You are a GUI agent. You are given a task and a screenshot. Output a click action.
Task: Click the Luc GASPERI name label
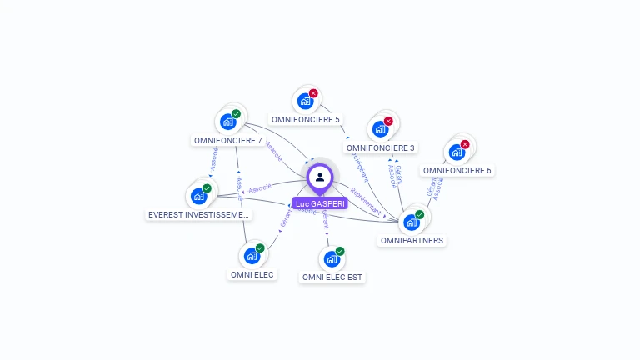point(320,203)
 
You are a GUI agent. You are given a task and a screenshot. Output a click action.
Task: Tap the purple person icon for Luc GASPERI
point(320,177)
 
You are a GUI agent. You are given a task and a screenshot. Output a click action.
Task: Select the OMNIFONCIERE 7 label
point(227,140)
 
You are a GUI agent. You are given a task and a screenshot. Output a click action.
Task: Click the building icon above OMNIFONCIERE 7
point(227,122)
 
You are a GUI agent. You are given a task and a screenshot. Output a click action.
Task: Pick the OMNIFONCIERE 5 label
point(306,119)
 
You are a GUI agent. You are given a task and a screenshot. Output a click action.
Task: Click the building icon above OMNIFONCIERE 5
point(305,102)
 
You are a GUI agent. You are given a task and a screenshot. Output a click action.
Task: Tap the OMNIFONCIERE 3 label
point(380,148)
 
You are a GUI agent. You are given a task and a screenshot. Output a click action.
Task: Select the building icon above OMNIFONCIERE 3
point(380,129)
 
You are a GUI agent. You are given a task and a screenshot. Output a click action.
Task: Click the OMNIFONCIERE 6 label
point(457,171)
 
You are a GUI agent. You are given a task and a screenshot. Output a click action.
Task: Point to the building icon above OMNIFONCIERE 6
point(457,152)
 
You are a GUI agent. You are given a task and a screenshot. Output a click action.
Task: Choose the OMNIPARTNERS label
point(412,241)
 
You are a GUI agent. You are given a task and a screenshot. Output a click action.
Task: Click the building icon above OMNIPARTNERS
point(411,222)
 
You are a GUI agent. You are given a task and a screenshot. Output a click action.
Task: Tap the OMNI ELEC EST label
point(332,277)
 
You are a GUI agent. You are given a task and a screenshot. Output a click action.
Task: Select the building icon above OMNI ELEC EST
point(332,259)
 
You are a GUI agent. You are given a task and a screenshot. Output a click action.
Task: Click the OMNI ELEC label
point(252,274)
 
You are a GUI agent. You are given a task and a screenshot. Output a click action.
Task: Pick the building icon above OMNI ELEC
point(252,256)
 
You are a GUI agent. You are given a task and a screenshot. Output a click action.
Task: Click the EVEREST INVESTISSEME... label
point(198,215)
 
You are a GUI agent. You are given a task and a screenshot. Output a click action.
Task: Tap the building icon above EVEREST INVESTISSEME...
point(198,196)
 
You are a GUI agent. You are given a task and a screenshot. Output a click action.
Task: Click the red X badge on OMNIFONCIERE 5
point(313,93)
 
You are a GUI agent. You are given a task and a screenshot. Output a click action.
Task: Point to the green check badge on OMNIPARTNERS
point(419,214)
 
